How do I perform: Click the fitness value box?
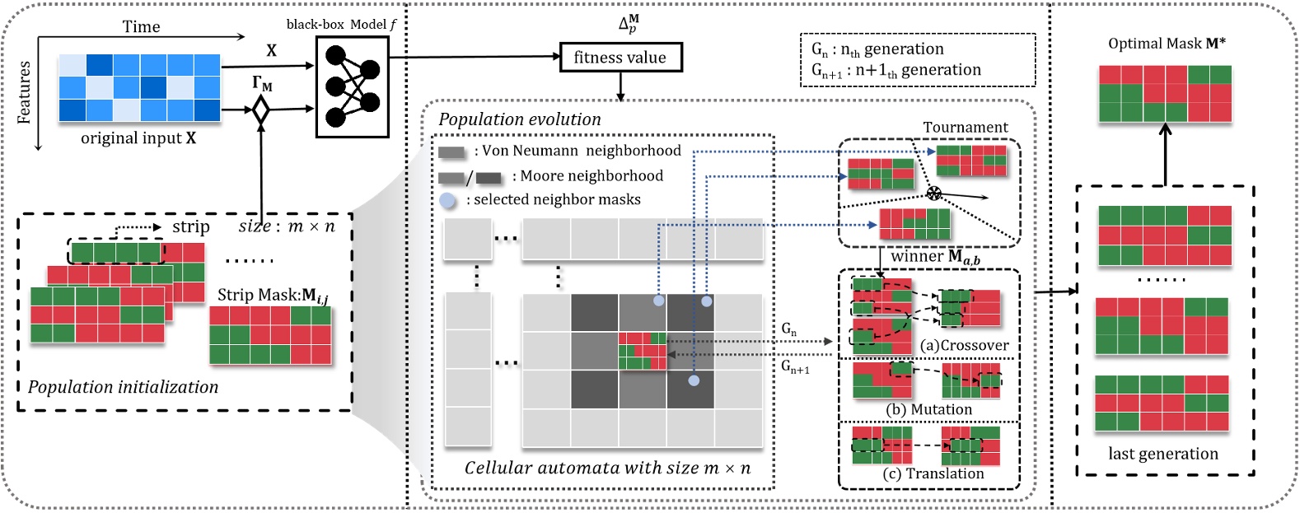click(x=620, y=58)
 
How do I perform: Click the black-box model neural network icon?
click(x=352, y=86)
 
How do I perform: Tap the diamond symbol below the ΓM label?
click(x=261, y=110)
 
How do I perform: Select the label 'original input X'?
click(x=138, y=138)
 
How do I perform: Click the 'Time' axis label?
click(x=141, y=26)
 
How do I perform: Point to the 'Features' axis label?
click(x=24, y=92)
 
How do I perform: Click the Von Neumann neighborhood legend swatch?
click(x=452, y=152)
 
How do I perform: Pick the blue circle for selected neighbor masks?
click(x=447, y=200)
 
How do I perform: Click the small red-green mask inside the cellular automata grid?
click(x=643, y=350)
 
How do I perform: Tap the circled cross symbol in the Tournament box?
click(x=933, y=194)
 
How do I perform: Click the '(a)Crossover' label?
click(x=964, y=346)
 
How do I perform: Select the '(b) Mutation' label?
click(x=928, y=409)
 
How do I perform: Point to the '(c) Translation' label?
click(x=933, y=473)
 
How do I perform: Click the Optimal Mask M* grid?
click(x=1165, y=94)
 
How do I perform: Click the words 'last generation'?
click(x=1162, y=454)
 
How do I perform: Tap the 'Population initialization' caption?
click(x=124, y=387)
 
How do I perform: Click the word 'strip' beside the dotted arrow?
click(x=191, y=226)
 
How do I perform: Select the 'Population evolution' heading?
click(x=520, y=119)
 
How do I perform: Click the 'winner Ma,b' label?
click(x=935, y=257)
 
